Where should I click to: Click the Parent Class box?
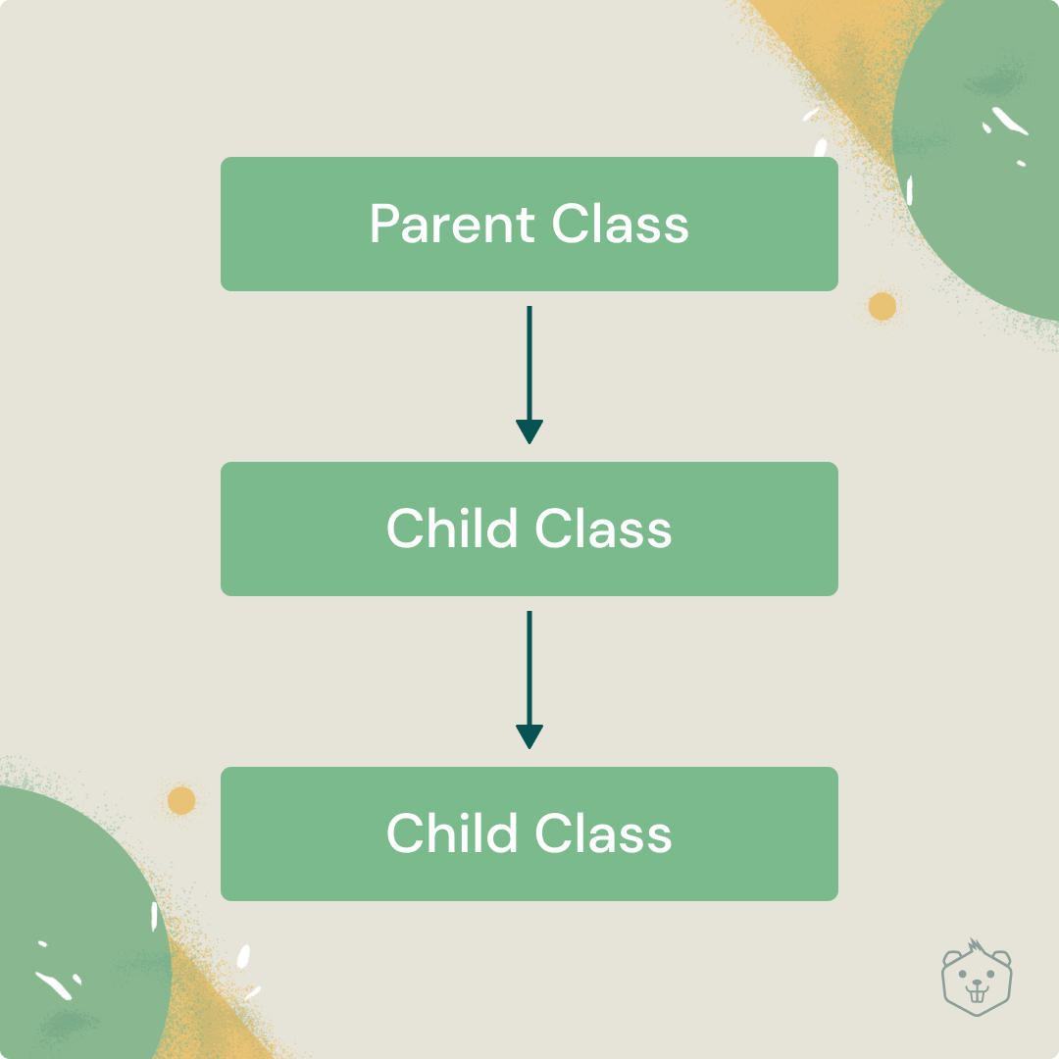tap(529, 225)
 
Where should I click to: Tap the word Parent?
tap(452, 224)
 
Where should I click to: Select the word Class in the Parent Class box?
tap(620, 224)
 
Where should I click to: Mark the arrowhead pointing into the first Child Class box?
tap(529, 431)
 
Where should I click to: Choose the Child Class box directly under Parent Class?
tap(529, 529)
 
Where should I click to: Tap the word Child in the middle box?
tap(452, 528)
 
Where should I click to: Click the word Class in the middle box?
tap(603, 528)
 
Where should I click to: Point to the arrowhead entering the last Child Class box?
tap(529, 736)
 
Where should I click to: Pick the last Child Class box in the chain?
tap(529, 833)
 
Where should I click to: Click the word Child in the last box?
tap(452, 832)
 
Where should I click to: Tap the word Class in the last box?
tap(603, 832)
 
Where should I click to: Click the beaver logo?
tap(977, 977)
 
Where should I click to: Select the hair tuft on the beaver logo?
tap(975, 945)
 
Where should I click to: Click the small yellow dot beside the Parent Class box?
tap(882, 307)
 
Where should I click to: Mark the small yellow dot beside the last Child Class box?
tap(181, 800)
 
